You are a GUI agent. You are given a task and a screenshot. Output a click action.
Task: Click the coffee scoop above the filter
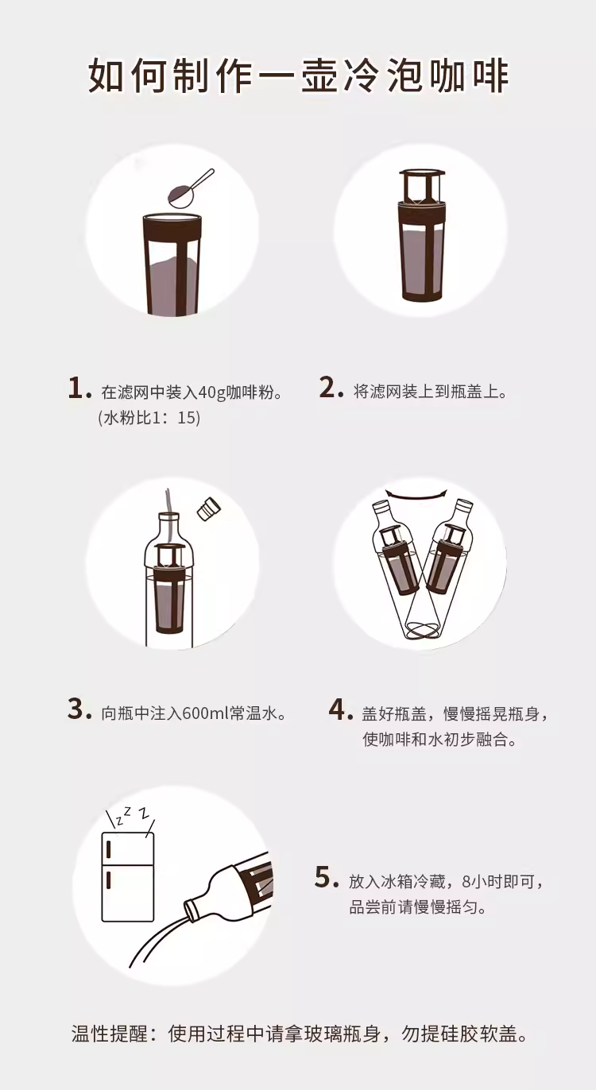[189, 189]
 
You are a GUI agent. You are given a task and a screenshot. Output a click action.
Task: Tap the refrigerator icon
[128, 877]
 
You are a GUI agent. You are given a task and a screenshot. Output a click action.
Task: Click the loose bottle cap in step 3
[209, 509]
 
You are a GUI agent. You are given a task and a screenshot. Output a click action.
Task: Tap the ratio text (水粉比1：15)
[149, 418]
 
